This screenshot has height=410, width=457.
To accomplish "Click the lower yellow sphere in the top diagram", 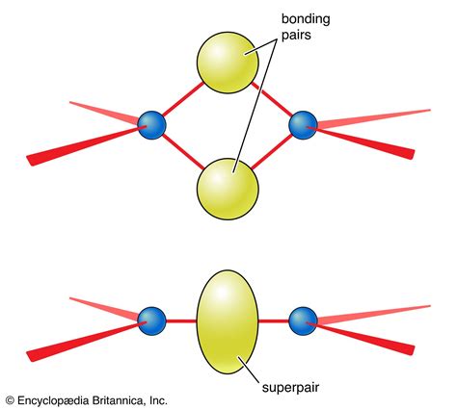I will pos(228,187).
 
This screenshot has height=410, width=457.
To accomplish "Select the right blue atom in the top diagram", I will pos(304,124).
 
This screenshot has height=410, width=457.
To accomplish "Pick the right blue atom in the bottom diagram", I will pos(304,320).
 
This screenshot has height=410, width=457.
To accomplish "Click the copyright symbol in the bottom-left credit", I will pos(10,398).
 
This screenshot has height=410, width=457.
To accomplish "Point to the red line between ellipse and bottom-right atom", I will pos(275,320).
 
